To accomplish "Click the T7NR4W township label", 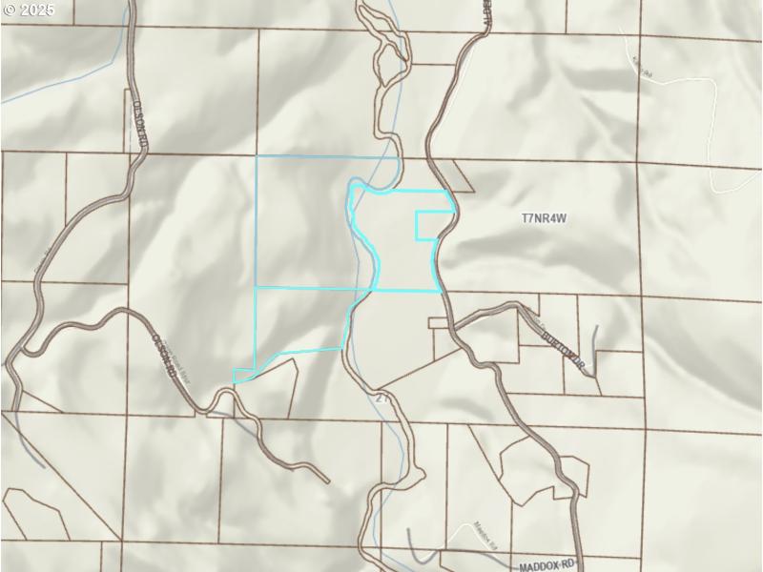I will coord(545,218).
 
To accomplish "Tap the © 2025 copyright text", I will coord(29,10).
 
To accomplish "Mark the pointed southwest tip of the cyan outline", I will coord(236,379).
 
